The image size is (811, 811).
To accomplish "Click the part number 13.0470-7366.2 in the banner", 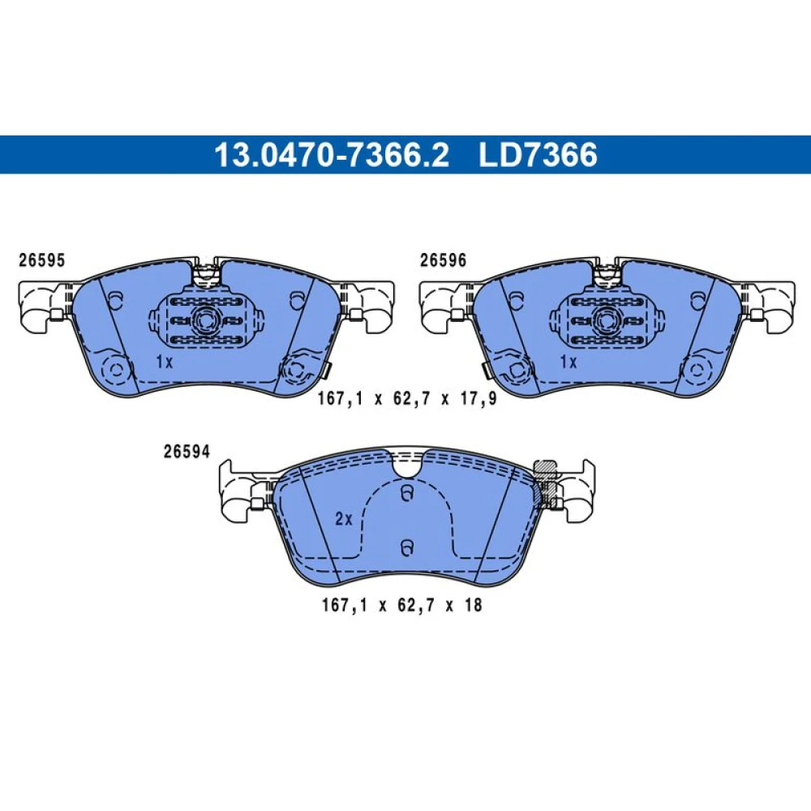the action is point(332,155).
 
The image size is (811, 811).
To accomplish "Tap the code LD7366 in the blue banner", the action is point(538,155).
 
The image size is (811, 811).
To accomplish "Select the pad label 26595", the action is point(42,260).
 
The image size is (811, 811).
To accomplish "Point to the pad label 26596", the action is point(443,260).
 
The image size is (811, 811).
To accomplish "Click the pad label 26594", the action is point(187,452).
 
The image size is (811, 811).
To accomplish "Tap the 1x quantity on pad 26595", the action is point(165,362).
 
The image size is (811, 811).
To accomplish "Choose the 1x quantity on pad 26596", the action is point(569,362).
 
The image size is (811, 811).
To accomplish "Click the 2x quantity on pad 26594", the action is point(343,519).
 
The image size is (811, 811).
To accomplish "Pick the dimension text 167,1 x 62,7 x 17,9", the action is point(407,399).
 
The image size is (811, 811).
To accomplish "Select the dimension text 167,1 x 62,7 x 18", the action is point(402,605).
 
